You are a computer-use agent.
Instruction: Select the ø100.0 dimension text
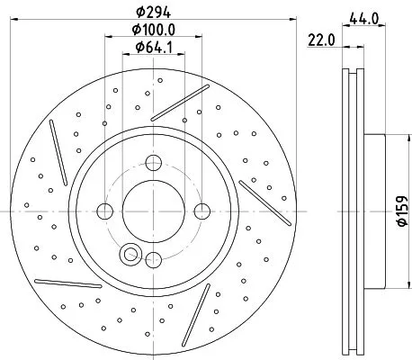pos(153,30)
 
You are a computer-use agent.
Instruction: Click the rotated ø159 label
pos(399,213)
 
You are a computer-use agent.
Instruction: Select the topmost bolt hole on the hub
pos(153,163)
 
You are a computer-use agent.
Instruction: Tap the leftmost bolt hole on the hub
pos(104,211)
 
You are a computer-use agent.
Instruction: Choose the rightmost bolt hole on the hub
pos(202,211)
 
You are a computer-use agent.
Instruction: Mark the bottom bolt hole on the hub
pos(153,260)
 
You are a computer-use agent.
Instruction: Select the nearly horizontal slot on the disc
pos(67,283)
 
